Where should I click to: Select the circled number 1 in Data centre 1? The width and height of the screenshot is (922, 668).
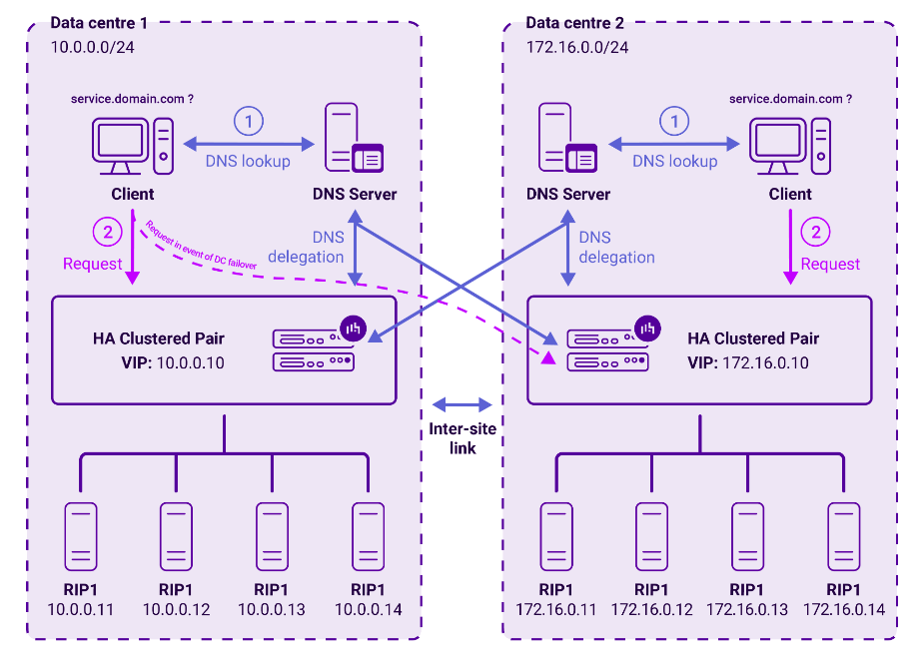[248, 122]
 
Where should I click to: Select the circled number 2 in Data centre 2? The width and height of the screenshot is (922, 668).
[816, 232]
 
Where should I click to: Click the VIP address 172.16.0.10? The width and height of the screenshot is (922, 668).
[766, 362]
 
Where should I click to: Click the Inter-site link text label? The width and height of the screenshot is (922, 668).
[462, 438]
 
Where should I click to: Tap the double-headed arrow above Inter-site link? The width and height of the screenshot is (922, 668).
[462, 404]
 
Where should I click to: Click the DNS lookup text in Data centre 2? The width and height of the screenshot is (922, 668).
[675, 161]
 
